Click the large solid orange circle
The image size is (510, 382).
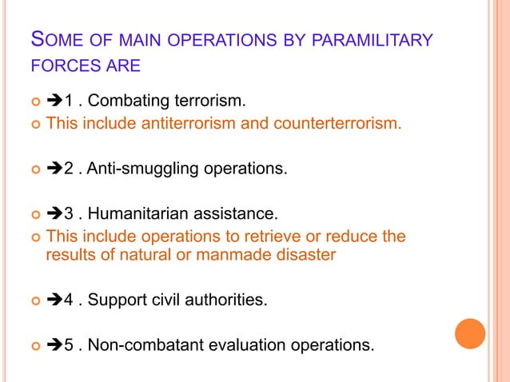point(470,333)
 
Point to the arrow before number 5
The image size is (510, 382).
point(55,345)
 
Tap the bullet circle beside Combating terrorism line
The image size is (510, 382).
point(34,102)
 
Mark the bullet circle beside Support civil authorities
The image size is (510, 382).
point(34,301)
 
